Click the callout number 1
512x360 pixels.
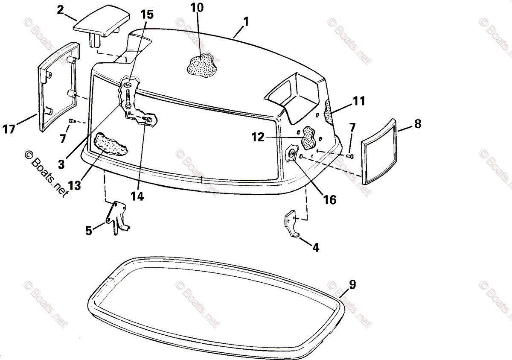tap(246, 20)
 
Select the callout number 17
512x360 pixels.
tap(9, 129)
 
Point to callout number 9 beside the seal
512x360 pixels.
tap(352, 285)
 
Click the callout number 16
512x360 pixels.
tap(329, 199)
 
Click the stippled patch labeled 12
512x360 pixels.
tap(310, 136)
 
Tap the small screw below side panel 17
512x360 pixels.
tap(71, 121)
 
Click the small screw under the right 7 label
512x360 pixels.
tap(351, 156)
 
